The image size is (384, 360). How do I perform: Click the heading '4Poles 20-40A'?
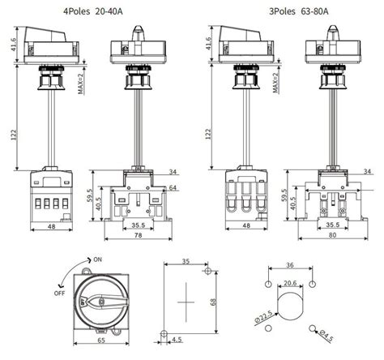pyautogui.click(x=93, y=11)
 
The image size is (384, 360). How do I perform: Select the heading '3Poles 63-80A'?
pyautogui.click(x=299, y=11)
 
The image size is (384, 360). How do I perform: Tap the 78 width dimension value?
pyautogui.click(x=138, y=235)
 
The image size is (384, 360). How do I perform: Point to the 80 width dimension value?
pyautogui.click(x=333, y=235)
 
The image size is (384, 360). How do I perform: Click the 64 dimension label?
pyautogui.click(x=173, y=187)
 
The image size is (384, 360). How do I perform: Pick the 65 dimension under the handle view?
pyautogui.click(x=101, y=340)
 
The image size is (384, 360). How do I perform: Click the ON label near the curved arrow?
pyautogui.click(x=97, y=259)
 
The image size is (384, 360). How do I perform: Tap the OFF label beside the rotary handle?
pyautogui.click(x=59, y=293)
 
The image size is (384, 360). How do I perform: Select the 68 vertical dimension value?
pyautogui.click(x=213, y=302)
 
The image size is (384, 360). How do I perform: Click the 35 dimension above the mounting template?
pyautogui.click(x=186, y=261)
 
